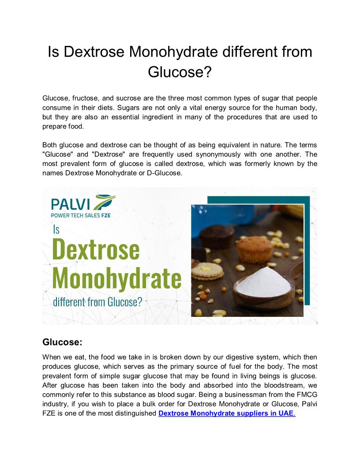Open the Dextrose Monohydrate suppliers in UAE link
click(226, 413)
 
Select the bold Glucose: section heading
click(62, 342)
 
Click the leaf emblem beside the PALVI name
click(105, 202)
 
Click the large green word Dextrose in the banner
click(96, 249)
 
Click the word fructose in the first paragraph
click(85, 98)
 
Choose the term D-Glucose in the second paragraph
click(165, 173)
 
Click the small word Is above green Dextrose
click(56, 229)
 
